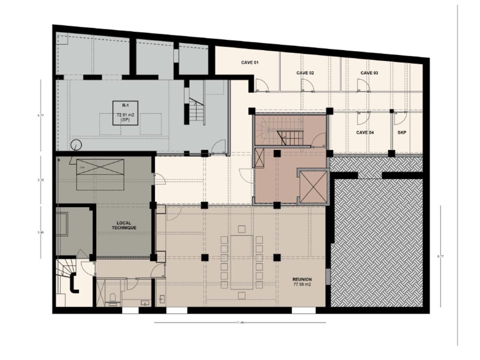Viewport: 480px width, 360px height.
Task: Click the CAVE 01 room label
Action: pos(250,63)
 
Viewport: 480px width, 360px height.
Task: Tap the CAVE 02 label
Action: pos(305,73)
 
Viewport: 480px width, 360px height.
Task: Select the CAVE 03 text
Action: pos(369,73)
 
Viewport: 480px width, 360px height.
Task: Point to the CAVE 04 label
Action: pos(364,132)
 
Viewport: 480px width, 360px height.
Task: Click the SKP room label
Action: pos(402,132)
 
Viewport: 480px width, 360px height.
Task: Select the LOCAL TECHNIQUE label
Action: pos(124,225)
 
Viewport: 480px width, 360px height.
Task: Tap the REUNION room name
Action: pos(302,279)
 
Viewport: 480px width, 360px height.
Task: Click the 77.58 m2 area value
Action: pos(302,285)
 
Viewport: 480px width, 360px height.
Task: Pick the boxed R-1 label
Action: pos(125,105)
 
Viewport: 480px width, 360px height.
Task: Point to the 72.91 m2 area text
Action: pos(125,115)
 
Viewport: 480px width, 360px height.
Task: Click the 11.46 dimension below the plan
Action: pos(240,322)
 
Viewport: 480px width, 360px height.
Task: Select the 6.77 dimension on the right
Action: pos(441,256)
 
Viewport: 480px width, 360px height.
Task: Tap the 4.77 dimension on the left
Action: pos(40,115)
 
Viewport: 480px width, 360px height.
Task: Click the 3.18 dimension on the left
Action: pos(40,180)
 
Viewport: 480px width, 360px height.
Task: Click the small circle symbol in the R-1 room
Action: pos(76,144)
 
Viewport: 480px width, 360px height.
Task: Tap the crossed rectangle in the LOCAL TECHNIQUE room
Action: pos(100,167)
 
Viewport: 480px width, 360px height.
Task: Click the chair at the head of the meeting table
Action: pos(241,228)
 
